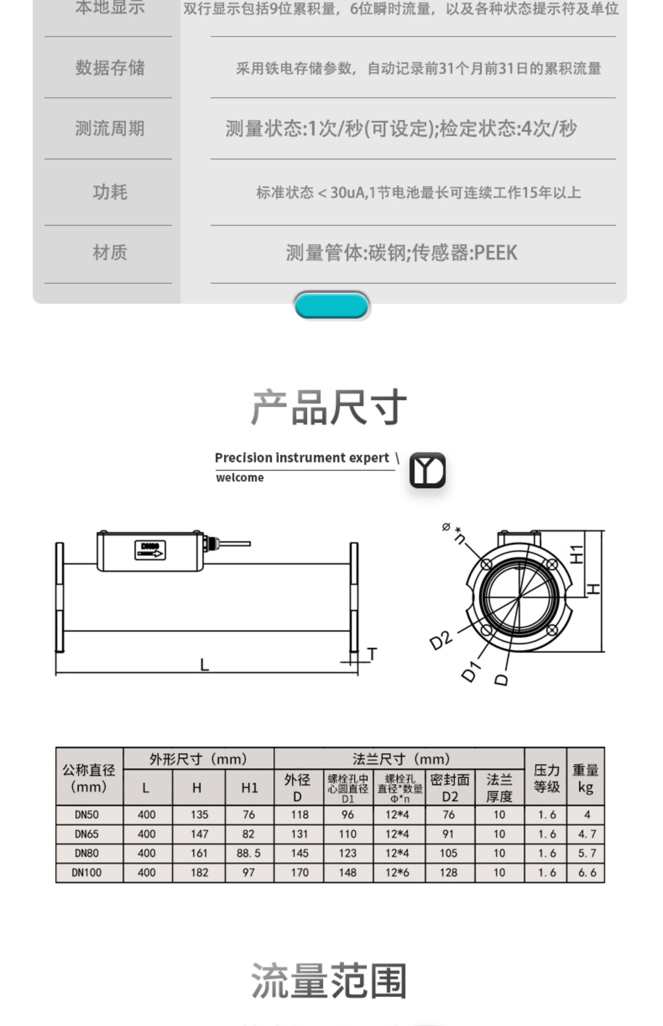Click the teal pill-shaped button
click(331, 305)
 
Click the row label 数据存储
click(110, 68)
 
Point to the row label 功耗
click(110, 192)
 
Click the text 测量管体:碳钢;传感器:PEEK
click(401, 252)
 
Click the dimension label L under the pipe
click(205, 665)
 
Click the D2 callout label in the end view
click(441, 640)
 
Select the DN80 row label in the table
click(87, 853)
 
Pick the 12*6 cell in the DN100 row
click(397, 872)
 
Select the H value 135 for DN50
click(199, 815)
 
